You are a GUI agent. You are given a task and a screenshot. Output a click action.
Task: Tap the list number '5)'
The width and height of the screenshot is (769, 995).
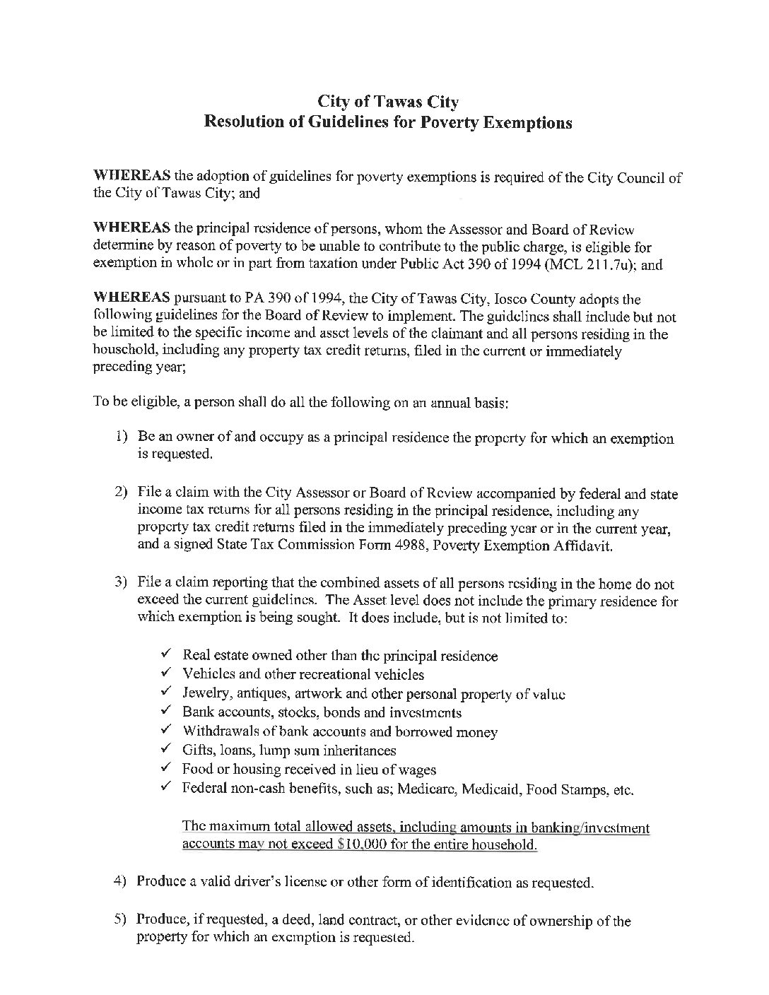coord(120,920)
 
